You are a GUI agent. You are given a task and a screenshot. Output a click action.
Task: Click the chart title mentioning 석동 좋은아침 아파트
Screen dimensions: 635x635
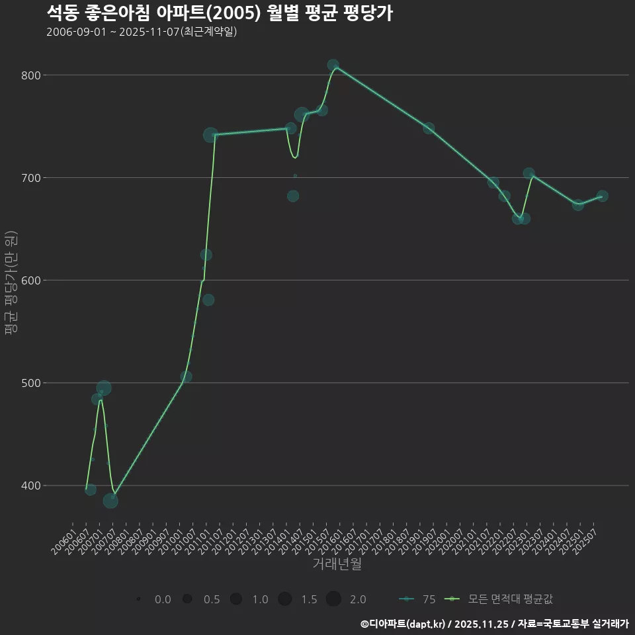point(220,13)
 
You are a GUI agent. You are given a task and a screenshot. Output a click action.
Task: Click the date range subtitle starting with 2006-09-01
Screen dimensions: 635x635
point(142,32)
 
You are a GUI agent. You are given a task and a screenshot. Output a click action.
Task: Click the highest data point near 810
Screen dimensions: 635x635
point(333,65)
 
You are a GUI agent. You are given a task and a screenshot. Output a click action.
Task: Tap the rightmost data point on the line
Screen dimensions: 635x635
point(602,196)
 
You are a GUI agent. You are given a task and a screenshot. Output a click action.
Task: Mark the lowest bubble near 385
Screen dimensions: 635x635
point(110,501)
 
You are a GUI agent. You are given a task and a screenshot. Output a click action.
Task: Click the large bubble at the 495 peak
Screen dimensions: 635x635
point(104,388)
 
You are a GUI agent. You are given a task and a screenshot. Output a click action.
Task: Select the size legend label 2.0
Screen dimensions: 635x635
point(358,599)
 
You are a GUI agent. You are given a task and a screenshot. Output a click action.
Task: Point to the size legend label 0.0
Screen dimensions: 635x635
point(163,599)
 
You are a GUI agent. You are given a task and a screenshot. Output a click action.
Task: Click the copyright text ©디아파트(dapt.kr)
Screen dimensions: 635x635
point(403,624)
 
